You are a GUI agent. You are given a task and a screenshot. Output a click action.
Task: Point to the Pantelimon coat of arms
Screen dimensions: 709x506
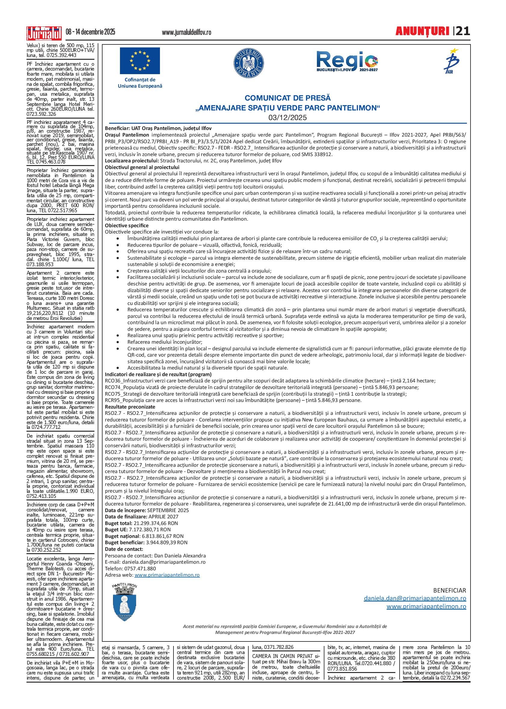[124, 603]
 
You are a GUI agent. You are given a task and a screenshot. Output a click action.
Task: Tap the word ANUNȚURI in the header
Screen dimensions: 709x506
[422, 32]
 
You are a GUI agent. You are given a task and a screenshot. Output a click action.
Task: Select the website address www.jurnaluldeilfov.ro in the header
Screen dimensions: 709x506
[187, 32]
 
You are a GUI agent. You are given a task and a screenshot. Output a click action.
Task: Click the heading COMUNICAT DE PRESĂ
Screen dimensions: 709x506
[287, 98]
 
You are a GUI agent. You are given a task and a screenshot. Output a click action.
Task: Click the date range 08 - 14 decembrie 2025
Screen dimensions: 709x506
[90, 32]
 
